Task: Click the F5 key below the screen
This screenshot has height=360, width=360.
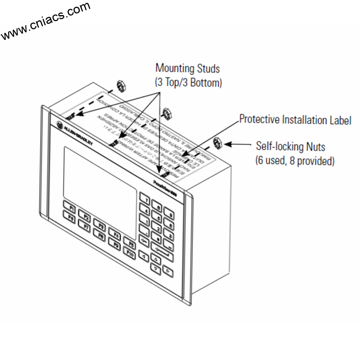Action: (x=129, y=244)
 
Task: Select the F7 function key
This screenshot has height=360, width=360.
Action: (x=84, y=224)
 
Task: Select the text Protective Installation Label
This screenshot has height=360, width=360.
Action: (x=295, y=120)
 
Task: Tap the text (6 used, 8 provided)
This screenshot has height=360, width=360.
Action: (x=295, y=161)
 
